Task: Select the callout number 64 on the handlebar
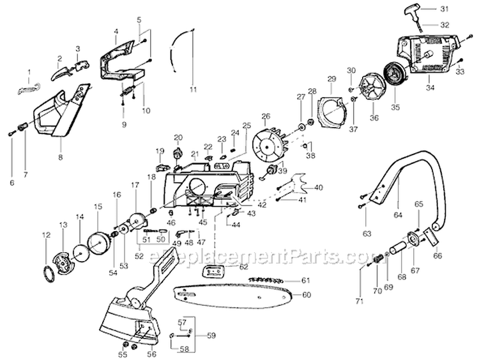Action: pos(399,216)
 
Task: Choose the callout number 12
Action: pos(45,235)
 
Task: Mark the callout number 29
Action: pos(331,79)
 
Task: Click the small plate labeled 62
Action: pos(214,273)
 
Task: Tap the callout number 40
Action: pos(319,187)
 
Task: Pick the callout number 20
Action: pos(178,137)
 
